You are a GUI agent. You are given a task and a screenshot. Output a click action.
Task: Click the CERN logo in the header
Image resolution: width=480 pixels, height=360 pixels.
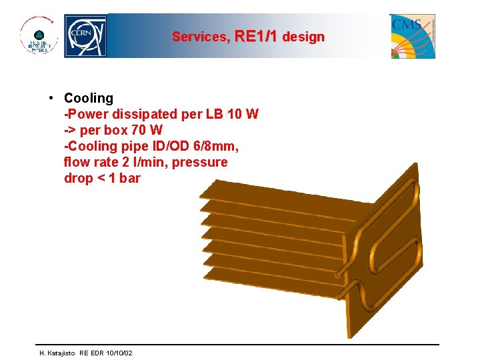(x=85, y=36)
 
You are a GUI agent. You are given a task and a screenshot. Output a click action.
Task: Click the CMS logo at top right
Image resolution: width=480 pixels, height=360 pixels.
(x=413, y=36)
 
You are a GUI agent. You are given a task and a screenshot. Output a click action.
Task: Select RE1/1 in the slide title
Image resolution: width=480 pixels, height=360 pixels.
(x=256, y=37)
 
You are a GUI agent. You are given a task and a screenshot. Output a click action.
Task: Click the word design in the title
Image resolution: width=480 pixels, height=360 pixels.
(x=303, y=37)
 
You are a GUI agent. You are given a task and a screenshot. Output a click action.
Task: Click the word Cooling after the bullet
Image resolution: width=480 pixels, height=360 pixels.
(x=89, y=98)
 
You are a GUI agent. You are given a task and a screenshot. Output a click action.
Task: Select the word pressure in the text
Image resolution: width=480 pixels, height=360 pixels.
(x=200, y=162)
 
